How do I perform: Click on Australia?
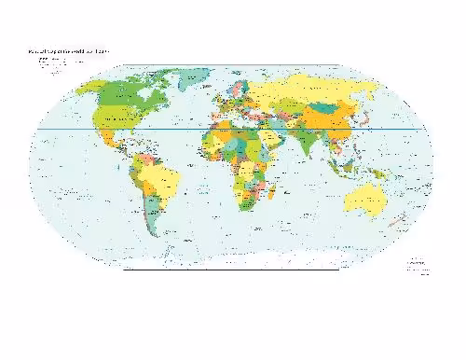point(363,200)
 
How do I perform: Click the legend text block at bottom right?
point(414,267)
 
